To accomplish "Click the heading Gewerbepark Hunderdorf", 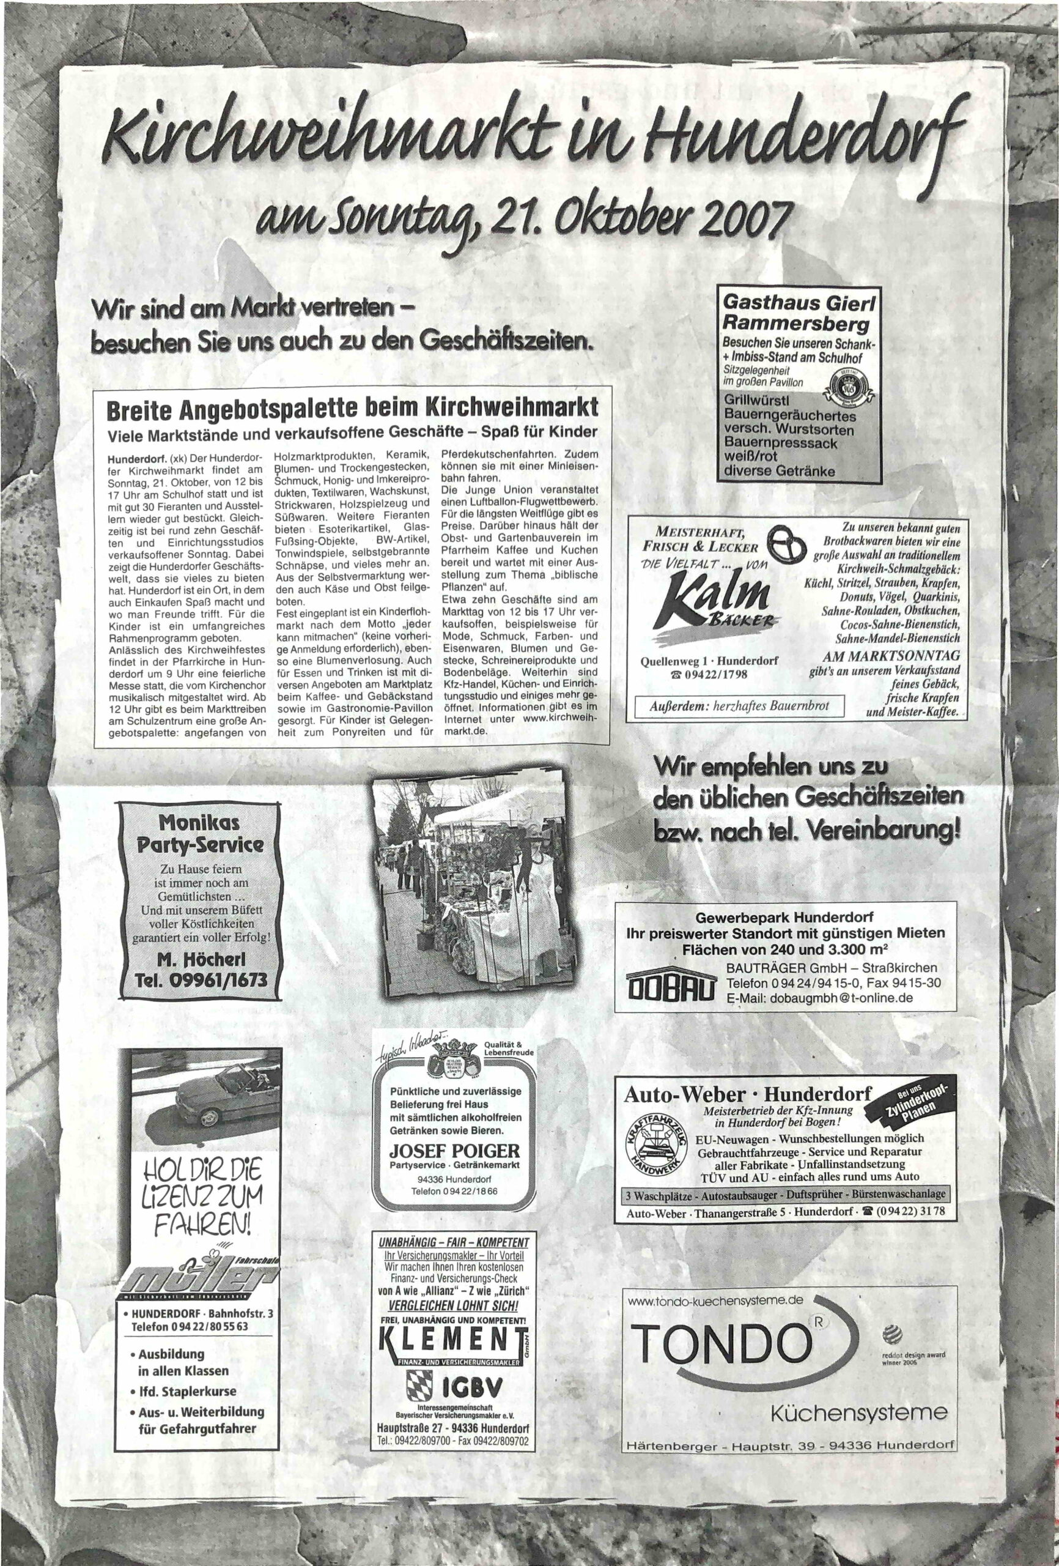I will [x=785, y=917].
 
